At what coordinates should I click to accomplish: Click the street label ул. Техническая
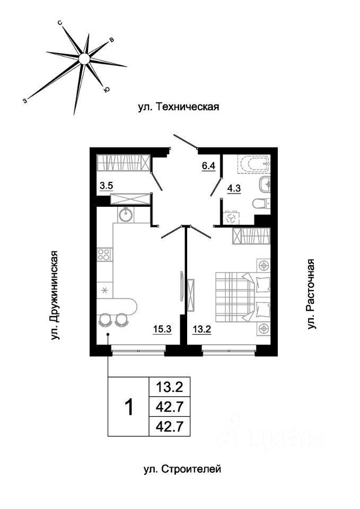click(179, 107)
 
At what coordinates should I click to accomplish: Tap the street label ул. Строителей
click(182, 469)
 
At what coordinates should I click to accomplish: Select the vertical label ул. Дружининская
click(56, 295)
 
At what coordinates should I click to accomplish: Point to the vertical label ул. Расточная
click(311, 294)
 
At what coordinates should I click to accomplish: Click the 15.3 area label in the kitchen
click(162, 329)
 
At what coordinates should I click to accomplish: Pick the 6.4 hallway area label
click(209, 166)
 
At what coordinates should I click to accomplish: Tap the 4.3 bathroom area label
click(234, 189)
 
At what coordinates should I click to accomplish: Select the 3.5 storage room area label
click(106, 186)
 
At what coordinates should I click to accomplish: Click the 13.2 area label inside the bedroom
click(202, 329)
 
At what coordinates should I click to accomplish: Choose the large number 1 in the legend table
click(129, 407)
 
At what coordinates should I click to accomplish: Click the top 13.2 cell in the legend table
click(170, 387)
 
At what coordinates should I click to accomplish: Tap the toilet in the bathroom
click(261, 203)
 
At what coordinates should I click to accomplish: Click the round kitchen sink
click(125, 215)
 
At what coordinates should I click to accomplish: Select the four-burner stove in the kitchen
click(104, 254)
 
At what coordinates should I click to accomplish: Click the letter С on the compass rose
click(60, 23)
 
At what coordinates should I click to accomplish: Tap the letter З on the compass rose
click(25, 101)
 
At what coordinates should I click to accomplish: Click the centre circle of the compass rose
click(84, 59)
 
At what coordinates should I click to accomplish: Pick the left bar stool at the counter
click(106, 320)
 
